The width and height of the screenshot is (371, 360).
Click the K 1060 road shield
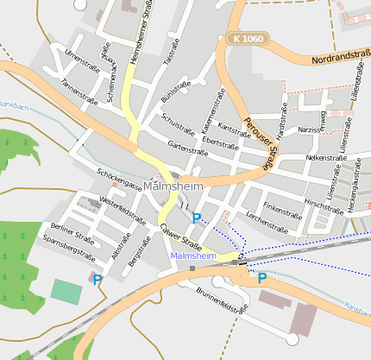tap(247, 38)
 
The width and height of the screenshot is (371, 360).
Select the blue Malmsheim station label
tap(192, 256)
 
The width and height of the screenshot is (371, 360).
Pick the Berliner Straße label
tap(72, 234)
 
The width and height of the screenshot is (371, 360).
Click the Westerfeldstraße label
tap(123, 212)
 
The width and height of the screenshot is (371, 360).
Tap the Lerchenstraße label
tap(266, 222)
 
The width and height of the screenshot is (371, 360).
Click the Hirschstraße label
tap(324, 207)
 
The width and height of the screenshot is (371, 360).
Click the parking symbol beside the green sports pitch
tap(97, 279)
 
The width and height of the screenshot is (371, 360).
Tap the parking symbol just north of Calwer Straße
tap(197, 219)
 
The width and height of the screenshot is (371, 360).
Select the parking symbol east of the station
tap(261, 278)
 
